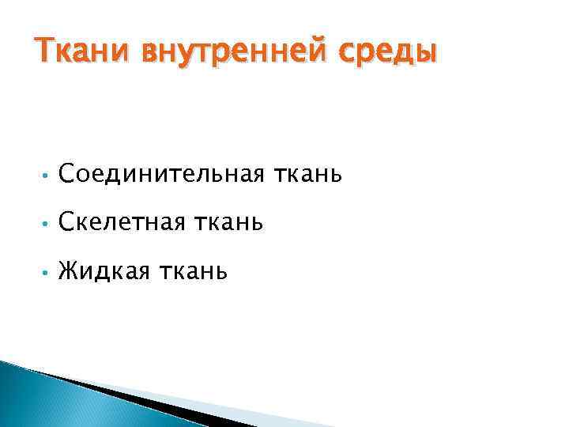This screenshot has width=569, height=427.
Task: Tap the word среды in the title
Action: coord(389,52)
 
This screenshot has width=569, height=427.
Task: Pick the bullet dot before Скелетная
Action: coord(47,225)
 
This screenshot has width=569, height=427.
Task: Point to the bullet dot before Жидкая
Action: coord(47,274)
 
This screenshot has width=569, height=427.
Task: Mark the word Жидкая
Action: coord(103,272)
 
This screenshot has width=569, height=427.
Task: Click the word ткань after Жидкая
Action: coord(193,272)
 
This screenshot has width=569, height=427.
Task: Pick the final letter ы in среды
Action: coord(424,53)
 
